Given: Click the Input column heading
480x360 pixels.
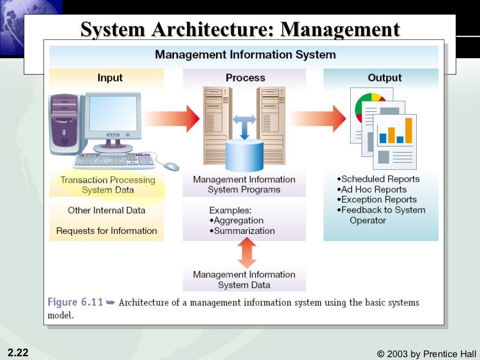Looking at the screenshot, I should (110, 78).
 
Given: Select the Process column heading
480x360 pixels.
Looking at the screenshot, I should (245, 78).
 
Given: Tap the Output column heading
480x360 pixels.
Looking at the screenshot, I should (384, 78).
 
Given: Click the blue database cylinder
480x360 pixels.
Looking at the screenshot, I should (244, 155).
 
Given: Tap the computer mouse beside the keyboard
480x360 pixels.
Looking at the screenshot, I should (172, 166).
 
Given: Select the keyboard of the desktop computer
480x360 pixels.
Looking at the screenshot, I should (114, 161).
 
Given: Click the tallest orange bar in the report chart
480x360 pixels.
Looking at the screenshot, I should (408, 130).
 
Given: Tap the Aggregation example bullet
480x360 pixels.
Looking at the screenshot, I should (236, 220).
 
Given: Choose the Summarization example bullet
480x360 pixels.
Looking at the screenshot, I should (242, 231).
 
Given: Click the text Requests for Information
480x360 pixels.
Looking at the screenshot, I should (106, 231).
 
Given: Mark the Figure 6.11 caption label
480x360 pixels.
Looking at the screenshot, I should (75, 302).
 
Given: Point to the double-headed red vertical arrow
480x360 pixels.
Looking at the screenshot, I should (247, 253).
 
